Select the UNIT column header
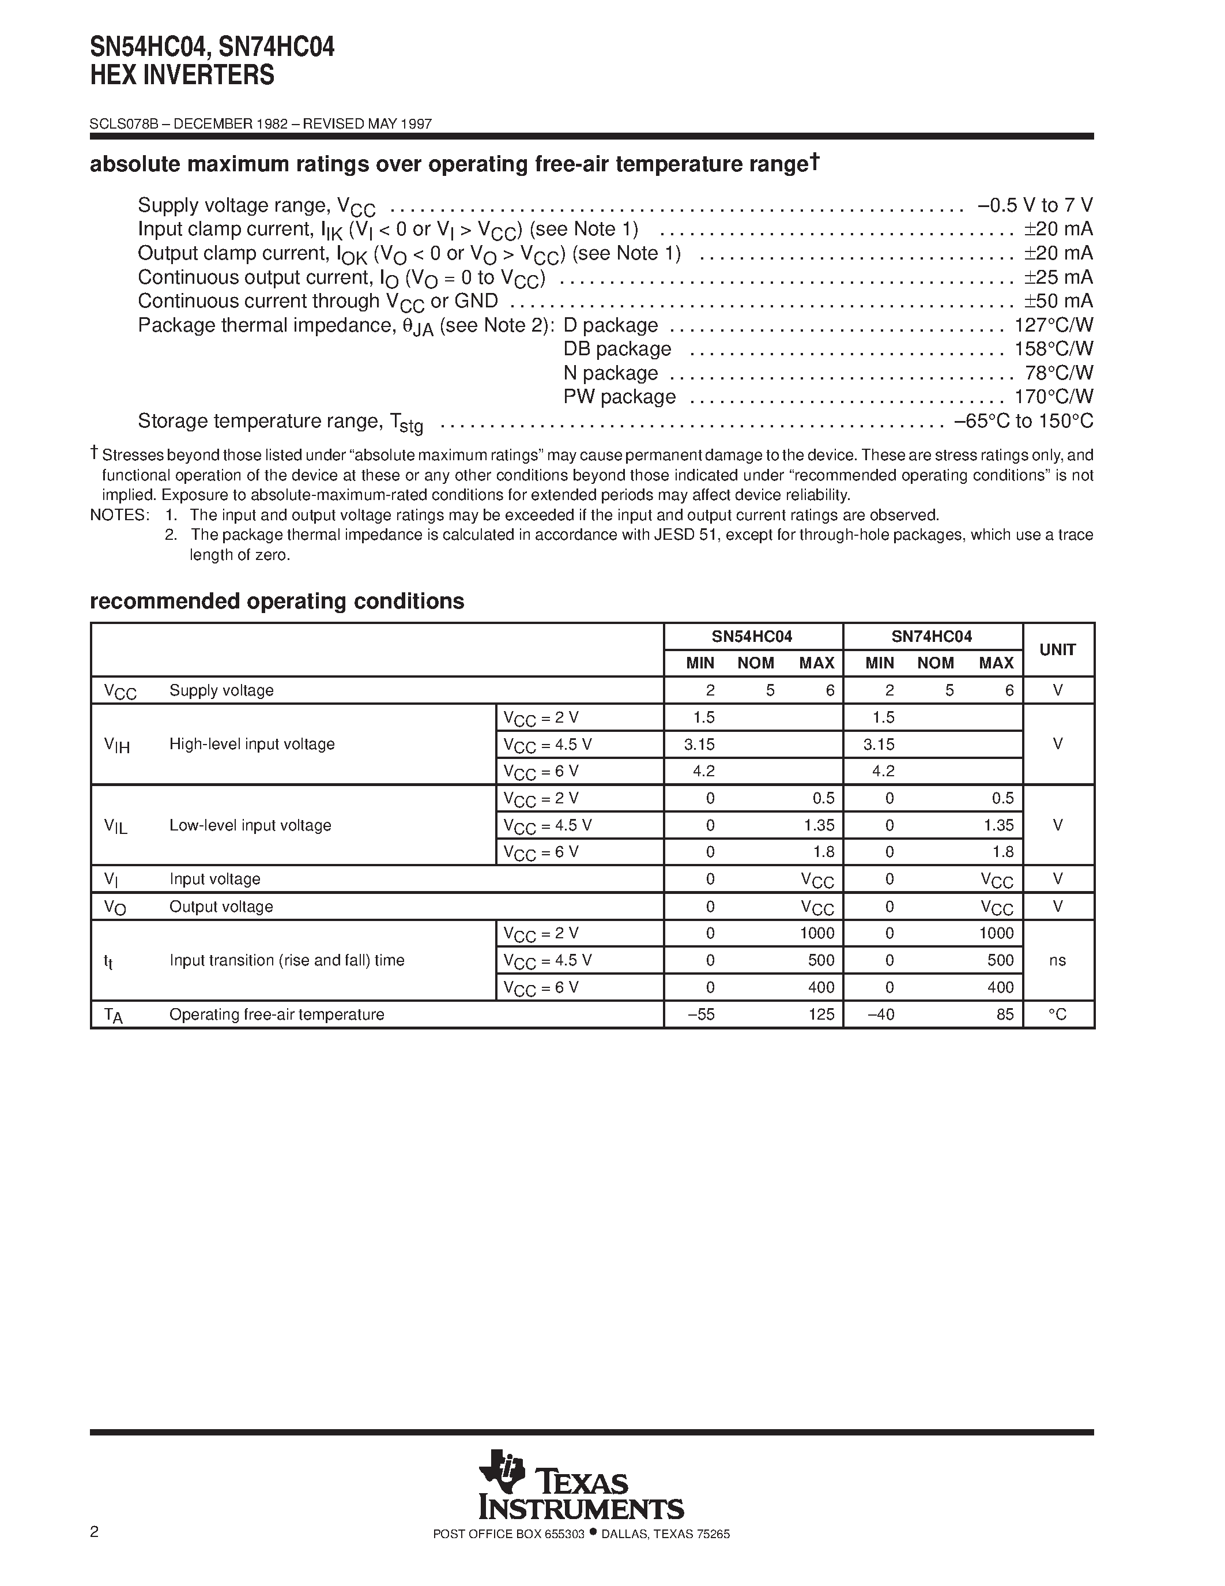click(x=1057, y=650)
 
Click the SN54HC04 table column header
click(x=752, y=637)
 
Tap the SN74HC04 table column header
click(x=932, y=637)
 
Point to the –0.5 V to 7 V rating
click(x=1035, y=205)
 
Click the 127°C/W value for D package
click(x=1054, y=325)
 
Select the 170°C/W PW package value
click(x=1054, y=397)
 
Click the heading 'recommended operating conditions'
click(x=277, y=602)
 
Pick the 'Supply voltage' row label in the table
click(x=221, y=690)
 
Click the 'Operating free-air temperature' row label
click(x=277, y=1014)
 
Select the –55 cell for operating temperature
click(x=701, y=1014)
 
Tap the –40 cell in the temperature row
click(x=880, y=1014)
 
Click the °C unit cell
click(x=1057, y=1014)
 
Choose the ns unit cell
click(x=1057, y=960)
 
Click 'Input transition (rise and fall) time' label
click(x=287, y=960)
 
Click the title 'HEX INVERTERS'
click(x=182, y=76)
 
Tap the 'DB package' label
click(x=617, y=349)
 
